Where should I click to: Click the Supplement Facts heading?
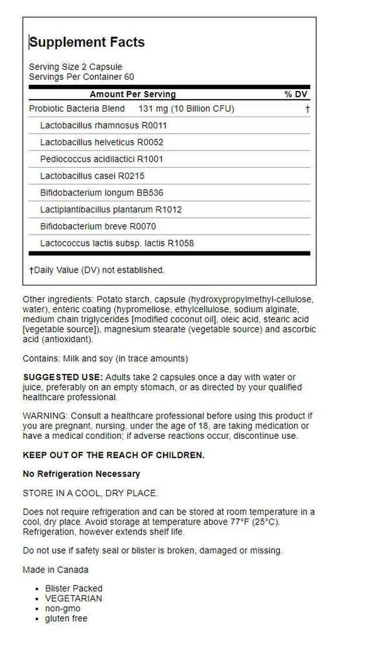87,42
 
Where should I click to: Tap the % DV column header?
296,95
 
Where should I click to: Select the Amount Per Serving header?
133,95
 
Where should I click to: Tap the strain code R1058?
180,243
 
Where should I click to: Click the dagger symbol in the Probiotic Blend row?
307,109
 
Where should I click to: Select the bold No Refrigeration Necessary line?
81,474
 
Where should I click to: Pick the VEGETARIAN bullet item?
74,598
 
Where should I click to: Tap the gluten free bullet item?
66,618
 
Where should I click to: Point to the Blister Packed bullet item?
74,588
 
